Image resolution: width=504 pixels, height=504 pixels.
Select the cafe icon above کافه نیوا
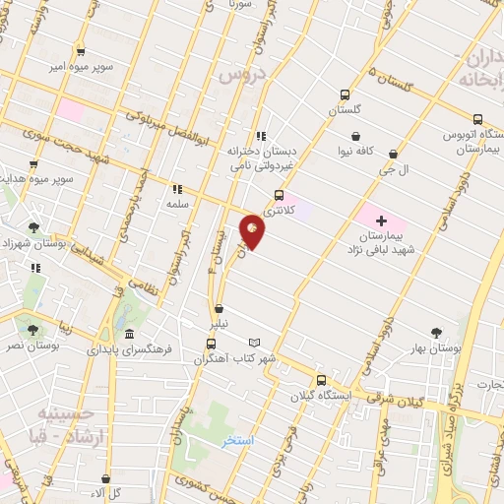tap(354, 137)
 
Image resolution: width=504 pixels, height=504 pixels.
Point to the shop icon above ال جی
tap(393, 154)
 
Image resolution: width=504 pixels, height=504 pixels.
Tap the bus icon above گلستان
tap(343, 94)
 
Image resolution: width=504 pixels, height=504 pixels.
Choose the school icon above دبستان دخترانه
tap(260, 136)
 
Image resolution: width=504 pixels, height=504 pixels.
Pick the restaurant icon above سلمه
tap(177, 188)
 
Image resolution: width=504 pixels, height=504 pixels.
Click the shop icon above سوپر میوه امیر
tap(81, 51)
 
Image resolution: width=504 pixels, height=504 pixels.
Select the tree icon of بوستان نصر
tap(33, 330)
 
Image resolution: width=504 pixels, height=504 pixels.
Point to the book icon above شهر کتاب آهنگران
tap(255, 342)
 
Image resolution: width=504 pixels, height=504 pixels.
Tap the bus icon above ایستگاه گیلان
tap(321, 380)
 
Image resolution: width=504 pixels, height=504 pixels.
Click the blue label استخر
tap(238, 440)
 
